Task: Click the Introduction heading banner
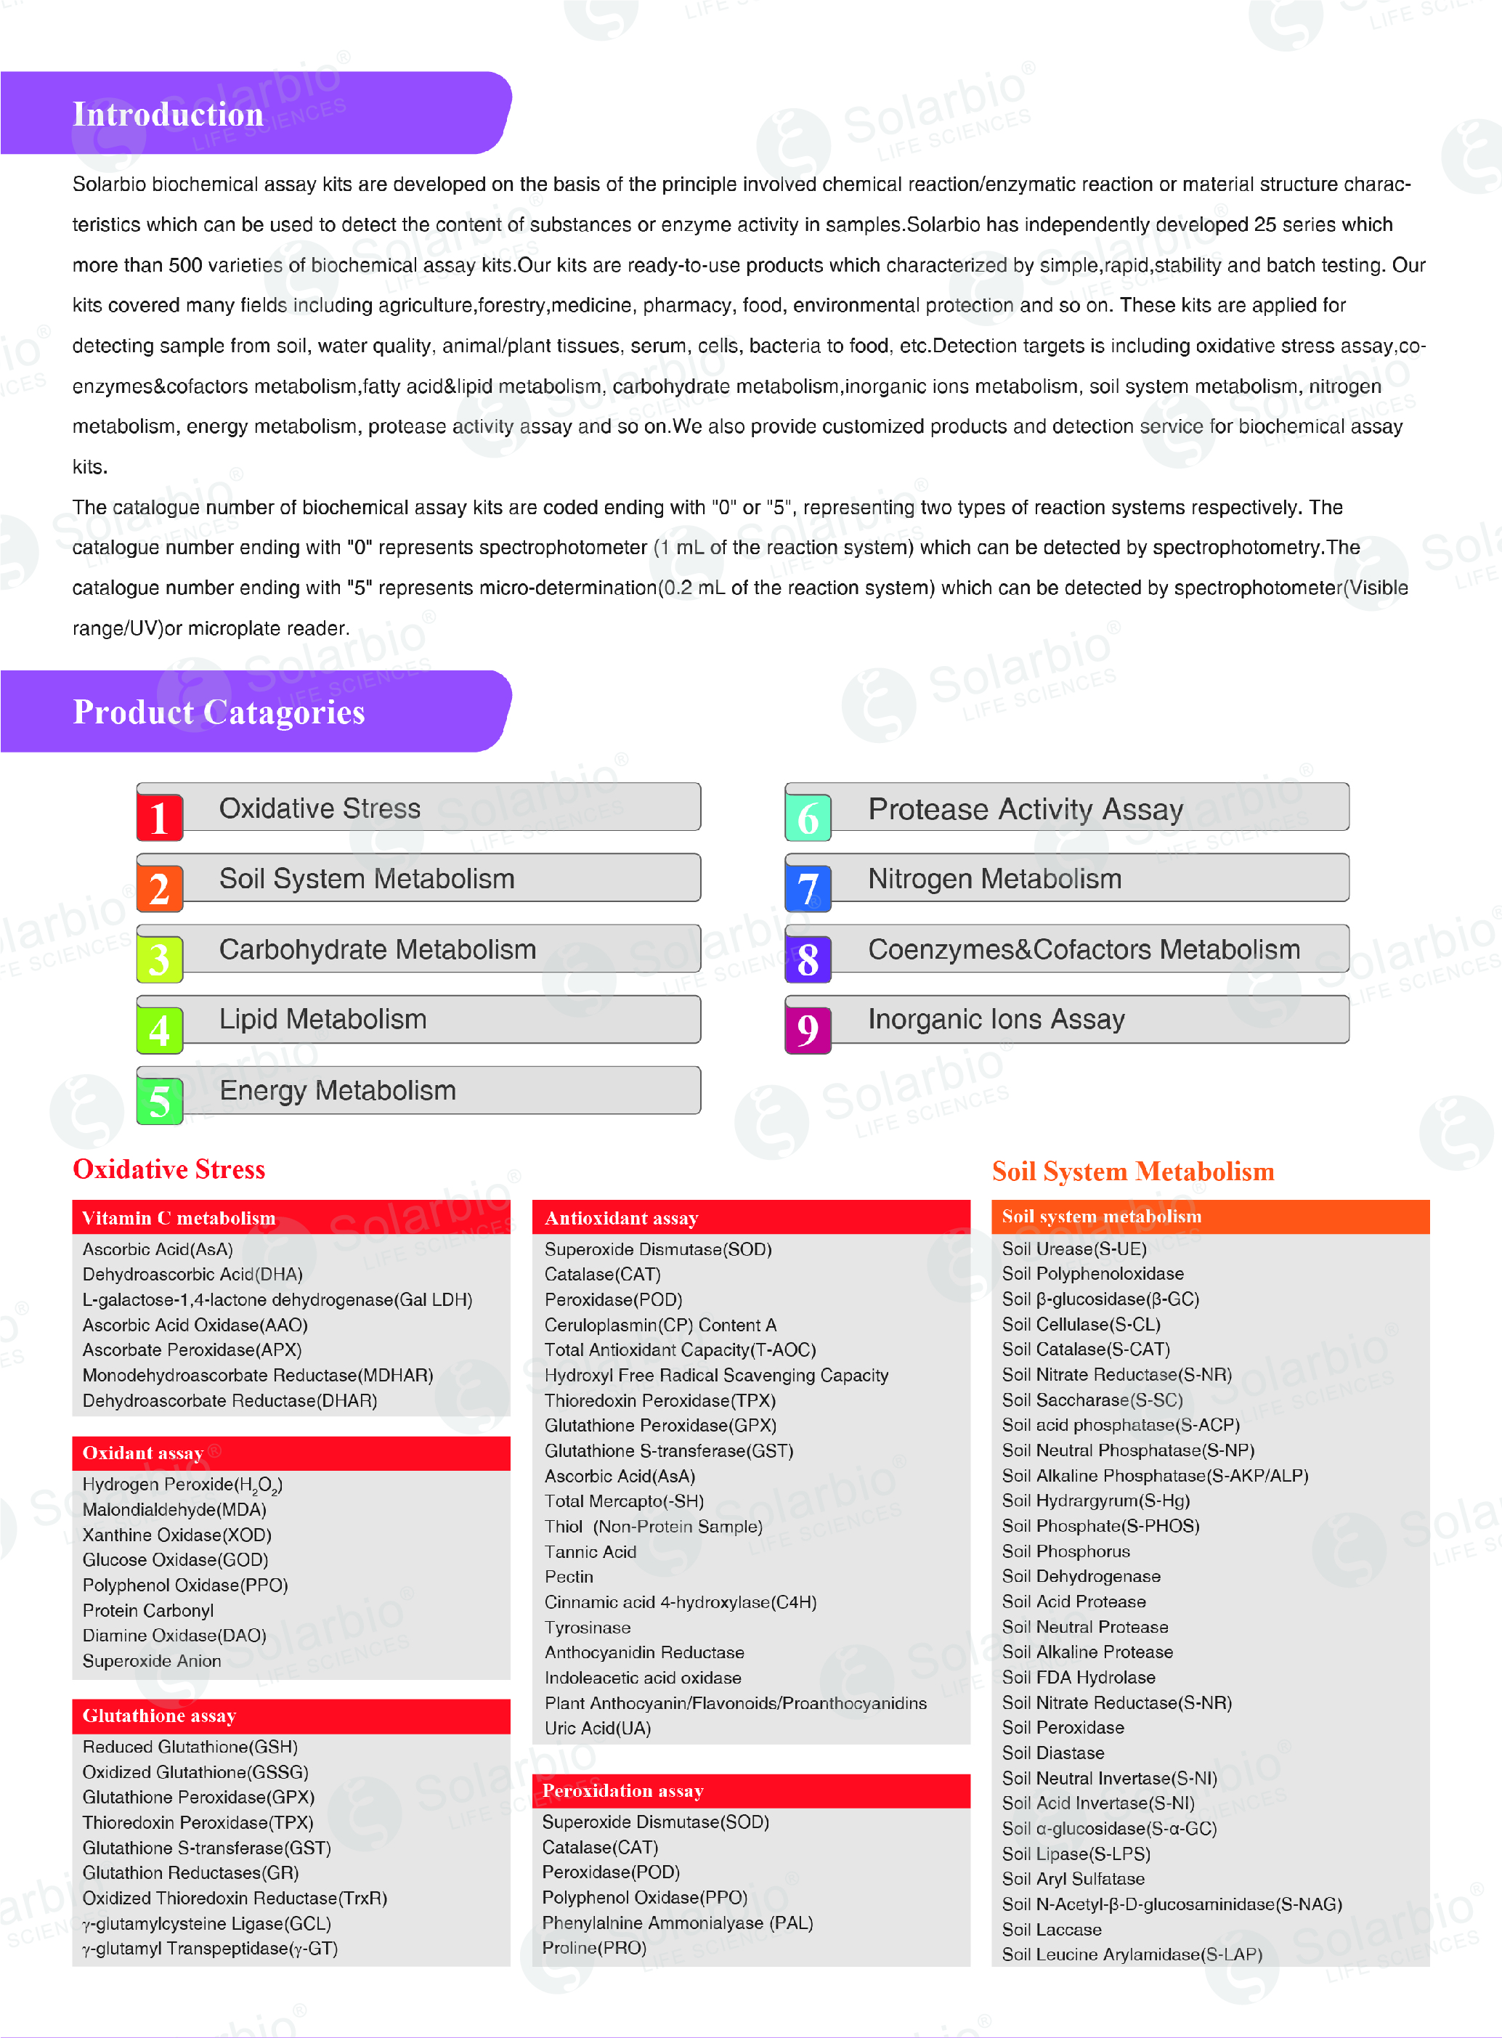coord(169,113)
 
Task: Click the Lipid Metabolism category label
coord(322,1019)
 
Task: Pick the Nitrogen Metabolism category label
coord(994,879)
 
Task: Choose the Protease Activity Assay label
coord(1025,809)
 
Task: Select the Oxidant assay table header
coord(143,1453)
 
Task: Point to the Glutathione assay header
coord(159,1716)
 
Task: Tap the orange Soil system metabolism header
coord(1101,1217)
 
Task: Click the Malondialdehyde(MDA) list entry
coord(174,1510)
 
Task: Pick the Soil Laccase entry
coord(1051,1929)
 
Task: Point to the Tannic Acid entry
coord(590,1551)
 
